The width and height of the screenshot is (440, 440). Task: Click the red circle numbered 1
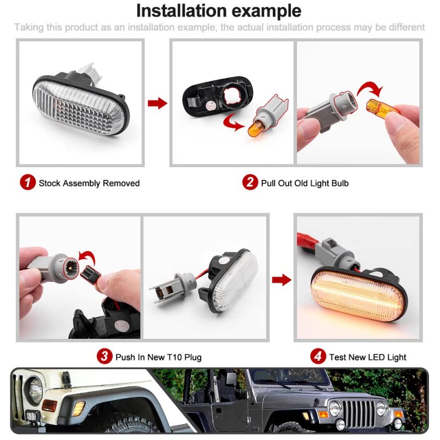point(28,182)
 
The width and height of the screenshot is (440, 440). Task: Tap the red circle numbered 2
point(250,182)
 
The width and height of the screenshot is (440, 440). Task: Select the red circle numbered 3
point(105,356)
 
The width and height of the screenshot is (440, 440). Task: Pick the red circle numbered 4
point(318,356)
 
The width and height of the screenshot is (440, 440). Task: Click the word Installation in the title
point(182,10)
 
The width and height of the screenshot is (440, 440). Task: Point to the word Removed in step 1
point(121,183)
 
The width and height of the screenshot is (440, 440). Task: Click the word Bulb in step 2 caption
point(340,183)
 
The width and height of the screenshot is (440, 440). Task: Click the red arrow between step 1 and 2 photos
point(157,103)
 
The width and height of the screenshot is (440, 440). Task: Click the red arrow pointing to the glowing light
point(282,280)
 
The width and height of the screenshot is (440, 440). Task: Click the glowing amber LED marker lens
point(359,295)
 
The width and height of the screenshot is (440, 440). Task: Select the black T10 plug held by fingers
point(90,273)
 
